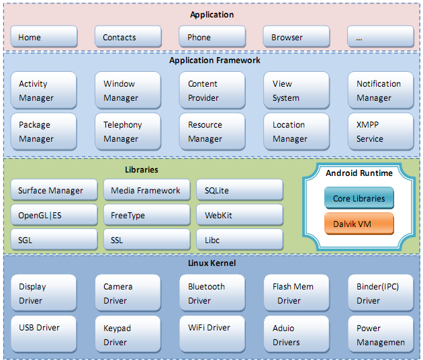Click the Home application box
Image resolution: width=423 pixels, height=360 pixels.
tap(44, 37)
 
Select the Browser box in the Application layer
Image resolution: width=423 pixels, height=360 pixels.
tap(296, 37)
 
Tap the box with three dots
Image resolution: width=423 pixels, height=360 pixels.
tap(381, 37)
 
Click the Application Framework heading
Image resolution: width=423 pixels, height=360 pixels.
tap(215, 60)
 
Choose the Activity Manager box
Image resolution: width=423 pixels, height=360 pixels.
tap(44, 90)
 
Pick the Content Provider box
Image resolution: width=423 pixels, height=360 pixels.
tap(212, 90)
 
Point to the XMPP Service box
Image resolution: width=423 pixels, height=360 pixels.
tap(381, 132)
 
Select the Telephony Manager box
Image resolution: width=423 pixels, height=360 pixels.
tap(128, 132)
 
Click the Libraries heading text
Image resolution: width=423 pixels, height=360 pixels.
tap(142, 170)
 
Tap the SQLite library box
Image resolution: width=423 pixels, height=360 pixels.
tap(240, 190)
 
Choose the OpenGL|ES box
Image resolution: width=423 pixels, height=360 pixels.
tap(54, 215)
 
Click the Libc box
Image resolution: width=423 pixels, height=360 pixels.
tap(240, 240)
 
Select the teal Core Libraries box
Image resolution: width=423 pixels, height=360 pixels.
tap(359, 198)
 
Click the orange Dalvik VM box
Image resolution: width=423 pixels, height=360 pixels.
tap(359, 224)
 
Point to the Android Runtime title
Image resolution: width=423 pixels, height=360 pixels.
tap(359, 173)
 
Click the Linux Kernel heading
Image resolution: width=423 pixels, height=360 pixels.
tap(211, 263)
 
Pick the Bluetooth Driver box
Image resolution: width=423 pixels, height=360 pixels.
tap(212, 293)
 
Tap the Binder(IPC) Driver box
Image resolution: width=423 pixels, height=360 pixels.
tap(381, 293)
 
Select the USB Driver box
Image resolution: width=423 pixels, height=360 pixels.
tap(44, 334)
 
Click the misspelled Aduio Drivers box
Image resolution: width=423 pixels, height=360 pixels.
tap(297, 334)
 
